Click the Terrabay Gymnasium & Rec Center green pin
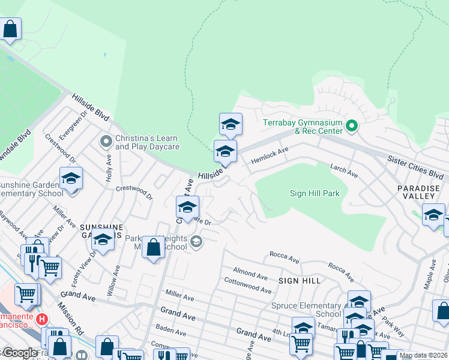click(x=352, y=126)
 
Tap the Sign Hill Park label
click(x=315, y=193)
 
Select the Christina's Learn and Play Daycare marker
click(x=106, y=142)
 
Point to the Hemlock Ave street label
click(x=270, y=157)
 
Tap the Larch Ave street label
click(x=343, y=170)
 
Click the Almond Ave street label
click(x=250, y=274)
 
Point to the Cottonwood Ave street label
click(x=247, y=285)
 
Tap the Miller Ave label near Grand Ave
click(x=180, y=297)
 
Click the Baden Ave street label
click(x=170, y=330)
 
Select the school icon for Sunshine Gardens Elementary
click(x=71, y=178)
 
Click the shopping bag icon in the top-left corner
click(x=10, y=28)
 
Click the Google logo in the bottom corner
click(x=19, y=353)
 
